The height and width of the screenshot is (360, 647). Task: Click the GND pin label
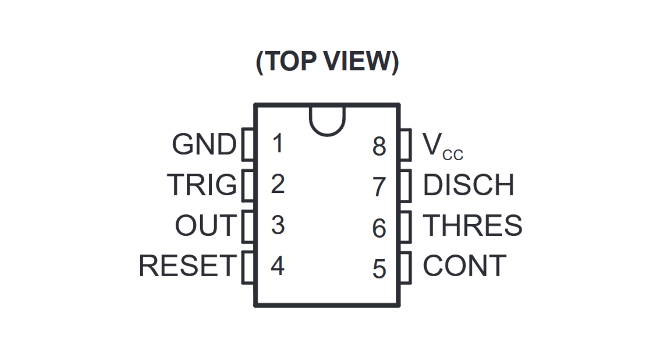[x=203, y=145]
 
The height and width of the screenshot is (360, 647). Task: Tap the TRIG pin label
[x=202, y=185]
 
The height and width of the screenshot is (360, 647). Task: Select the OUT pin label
[x=205, y=226]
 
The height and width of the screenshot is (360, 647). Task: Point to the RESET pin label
[x=187, y=266]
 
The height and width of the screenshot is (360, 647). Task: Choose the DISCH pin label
[x=468, y=185]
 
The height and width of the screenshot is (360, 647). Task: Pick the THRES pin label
[x=472, y=226]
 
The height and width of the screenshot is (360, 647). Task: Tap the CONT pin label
[x=464, y=266]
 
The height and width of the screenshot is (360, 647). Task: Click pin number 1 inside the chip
[x=277, y=144]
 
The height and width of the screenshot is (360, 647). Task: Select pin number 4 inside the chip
[x=277, y=266]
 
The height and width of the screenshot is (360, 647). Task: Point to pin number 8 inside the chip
[x=379, y=146]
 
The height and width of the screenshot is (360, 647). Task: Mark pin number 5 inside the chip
[x=379, y=269]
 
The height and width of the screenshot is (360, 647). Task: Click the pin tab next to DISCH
[x=406, y=186]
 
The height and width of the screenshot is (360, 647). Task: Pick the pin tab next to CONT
[x=406, y=267]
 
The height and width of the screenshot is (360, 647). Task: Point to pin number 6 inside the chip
[x=379, y=228]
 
